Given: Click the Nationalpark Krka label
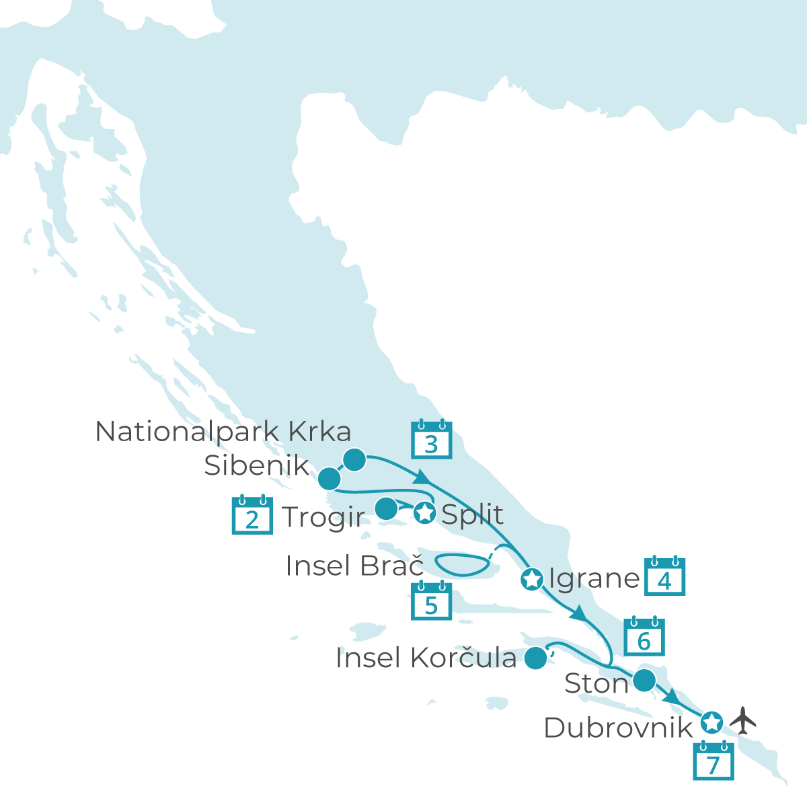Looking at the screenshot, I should point(223,432).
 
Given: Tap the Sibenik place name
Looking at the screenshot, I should point(257,465).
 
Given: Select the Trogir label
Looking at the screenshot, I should point(323,517).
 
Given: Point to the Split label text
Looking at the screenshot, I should point(472,514).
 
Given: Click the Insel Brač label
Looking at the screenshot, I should point(354,566).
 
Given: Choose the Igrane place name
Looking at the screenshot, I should point(594,578).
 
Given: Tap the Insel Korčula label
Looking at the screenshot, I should point(426,658).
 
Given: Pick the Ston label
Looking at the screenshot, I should point(596,683).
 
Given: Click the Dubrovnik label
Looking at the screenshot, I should point(617,728).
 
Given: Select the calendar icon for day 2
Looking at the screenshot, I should point(252,515).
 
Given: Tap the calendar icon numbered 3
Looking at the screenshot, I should point(431,440).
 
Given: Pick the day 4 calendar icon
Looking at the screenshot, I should point(664,576).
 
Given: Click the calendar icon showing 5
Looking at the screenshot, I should point(431,601).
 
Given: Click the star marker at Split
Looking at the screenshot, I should point(424,513).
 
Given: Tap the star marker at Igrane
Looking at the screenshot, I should point(531,578).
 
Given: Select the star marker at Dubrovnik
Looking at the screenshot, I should point(712,722).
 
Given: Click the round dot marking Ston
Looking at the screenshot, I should point(644,681).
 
